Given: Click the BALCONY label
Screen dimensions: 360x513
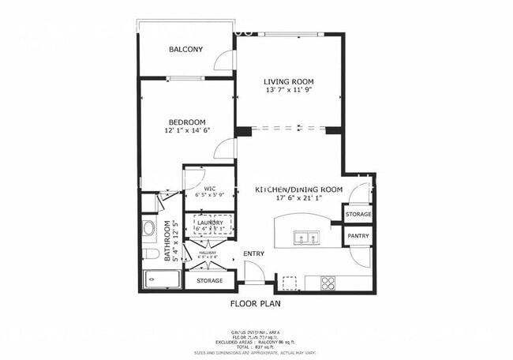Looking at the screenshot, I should (185, 50).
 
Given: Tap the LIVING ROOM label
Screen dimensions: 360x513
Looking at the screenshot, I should (289, 81).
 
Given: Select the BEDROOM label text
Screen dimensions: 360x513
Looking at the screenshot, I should (186, 122).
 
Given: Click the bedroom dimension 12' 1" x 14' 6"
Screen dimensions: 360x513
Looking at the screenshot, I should (186, 131).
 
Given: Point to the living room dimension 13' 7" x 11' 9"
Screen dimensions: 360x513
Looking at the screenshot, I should (289, 91).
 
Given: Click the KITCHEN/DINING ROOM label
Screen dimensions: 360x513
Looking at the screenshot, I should (298, 189).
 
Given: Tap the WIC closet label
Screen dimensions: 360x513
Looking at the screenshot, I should (210, 189).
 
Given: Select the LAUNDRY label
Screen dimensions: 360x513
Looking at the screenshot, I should (210, 223).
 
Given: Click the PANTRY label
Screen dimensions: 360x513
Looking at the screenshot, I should (358, 236).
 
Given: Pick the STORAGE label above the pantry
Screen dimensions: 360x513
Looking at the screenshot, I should (358, 214).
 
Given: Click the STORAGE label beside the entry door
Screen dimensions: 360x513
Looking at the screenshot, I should (209, 280).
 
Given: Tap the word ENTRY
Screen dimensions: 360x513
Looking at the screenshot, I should (253, 253).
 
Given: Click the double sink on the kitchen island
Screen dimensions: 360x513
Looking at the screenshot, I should (304, 236).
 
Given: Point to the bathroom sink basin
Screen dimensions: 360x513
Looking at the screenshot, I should (149, 230).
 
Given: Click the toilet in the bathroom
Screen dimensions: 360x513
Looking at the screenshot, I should (150, 254).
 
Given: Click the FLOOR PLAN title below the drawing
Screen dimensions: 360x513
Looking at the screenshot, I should (255, 302).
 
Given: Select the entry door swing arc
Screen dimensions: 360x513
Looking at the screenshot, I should (253, 273).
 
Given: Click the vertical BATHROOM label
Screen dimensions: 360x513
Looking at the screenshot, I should (167, 241).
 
